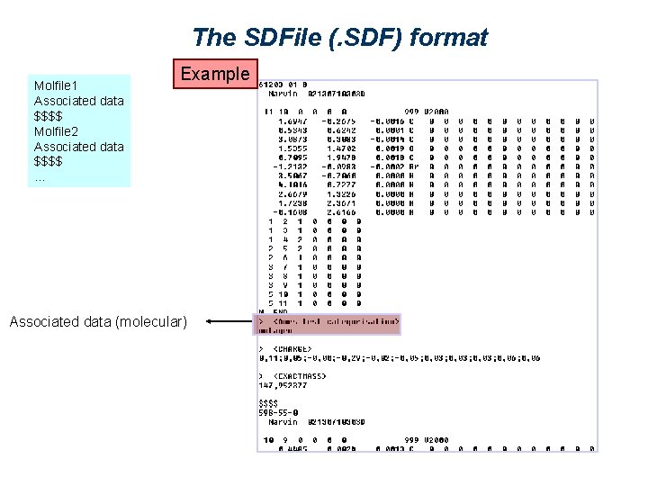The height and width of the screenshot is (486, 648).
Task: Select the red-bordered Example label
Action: coord(215,74)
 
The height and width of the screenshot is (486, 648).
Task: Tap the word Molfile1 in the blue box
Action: coord(57,85)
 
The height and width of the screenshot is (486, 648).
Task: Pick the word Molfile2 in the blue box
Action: coord(57,131)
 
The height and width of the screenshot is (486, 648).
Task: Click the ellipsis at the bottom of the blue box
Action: coord(39,176)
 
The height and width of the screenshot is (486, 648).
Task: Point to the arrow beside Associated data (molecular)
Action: coord(229,321)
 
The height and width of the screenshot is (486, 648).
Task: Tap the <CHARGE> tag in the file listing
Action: coord(292,348)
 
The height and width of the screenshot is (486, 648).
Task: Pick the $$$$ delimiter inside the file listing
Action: coord(268,403)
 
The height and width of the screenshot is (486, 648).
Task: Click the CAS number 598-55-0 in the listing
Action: coord(283,412)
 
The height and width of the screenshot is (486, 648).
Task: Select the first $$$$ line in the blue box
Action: coord(49,116)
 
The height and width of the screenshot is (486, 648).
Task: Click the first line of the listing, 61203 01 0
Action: coord(283,85)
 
